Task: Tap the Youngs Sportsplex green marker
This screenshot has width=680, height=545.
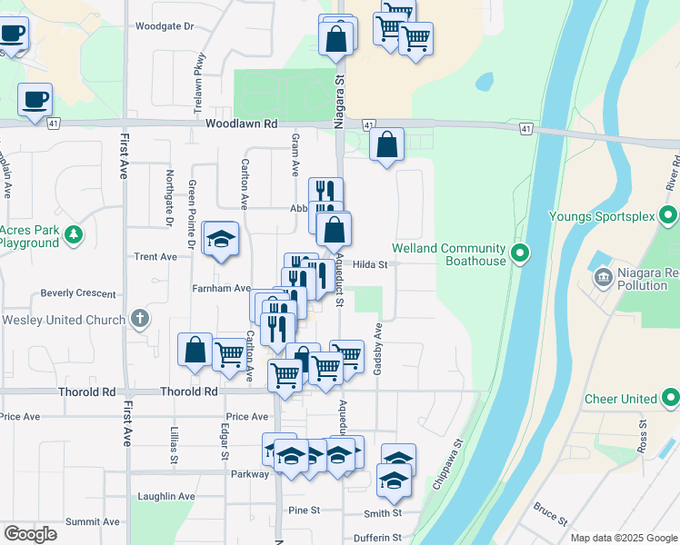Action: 669,216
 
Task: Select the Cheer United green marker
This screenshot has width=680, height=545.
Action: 670,398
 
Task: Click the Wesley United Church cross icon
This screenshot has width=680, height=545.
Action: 138,319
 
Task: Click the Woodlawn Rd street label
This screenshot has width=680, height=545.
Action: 241,124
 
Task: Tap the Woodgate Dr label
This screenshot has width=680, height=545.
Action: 165,26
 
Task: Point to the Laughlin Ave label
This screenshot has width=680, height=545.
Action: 166,497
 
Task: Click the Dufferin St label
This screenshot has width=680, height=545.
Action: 377,538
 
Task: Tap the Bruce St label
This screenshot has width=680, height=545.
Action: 550,514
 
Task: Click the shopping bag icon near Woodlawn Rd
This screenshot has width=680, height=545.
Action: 386,144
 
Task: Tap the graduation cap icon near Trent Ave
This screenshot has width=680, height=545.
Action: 220,239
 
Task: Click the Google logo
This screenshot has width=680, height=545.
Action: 30,534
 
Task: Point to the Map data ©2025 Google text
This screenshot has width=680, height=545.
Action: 623,538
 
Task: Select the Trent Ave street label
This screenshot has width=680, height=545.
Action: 155,257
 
